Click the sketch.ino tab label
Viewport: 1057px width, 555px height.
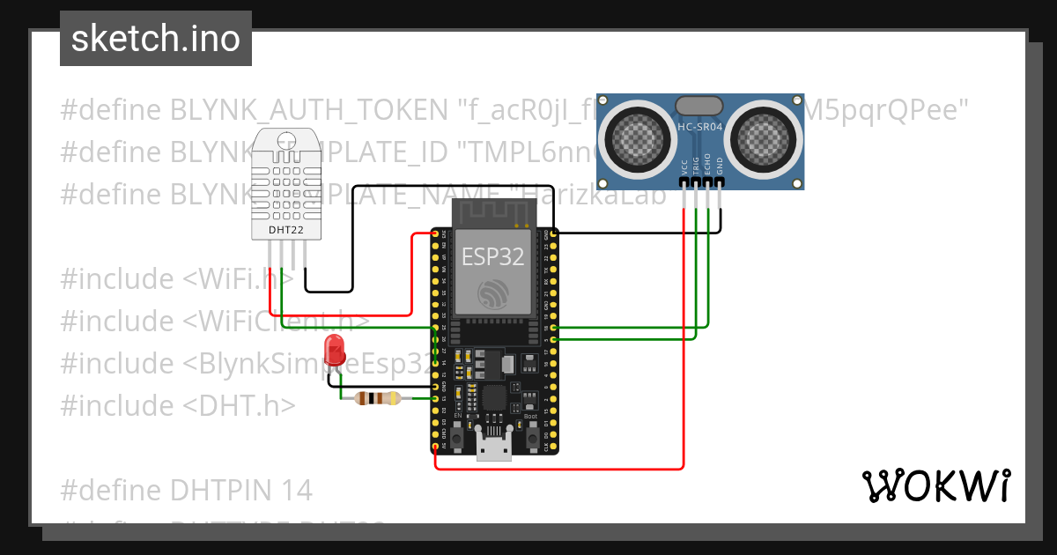click(155, 40)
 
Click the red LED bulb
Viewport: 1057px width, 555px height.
click(335, 350)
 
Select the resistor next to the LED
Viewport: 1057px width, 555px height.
click(377, 398)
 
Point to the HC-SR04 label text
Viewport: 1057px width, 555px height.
click(700, 126)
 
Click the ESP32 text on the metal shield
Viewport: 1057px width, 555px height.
click(493, 256)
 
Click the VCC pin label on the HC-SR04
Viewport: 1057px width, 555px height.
click(684, 167)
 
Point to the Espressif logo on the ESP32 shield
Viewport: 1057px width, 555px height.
click(493, 293)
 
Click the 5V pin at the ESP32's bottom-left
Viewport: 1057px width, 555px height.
click(435, 446)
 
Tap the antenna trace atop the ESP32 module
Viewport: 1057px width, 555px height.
click(493, 211)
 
